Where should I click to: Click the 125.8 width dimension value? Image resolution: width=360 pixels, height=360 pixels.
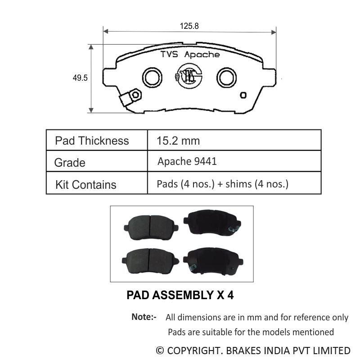(189, 26)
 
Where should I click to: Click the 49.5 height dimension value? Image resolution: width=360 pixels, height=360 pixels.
(80, 78)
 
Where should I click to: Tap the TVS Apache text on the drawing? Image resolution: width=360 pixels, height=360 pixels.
(190, 55)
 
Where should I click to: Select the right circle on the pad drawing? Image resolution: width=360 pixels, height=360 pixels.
(226, 77)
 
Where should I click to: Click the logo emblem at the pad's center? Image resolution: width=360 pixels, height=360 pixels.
(189, 76)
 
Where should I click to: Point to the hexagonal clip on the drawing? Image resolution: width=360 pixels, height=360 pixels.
(135, 95)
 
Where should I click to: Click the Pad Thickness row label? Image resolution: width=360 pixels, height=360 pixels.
(92, 141)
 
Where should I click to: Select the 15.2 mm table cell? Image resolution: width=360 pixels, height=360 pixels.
(178, 141)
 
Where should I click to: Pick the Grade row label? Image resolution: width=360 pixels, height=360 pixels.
(70, 163)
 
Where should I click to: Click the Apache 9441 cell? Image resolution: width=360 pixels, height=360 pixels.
(187, 161)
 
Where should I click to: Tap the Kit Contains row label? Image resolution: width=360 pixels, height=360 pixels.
(85, 185)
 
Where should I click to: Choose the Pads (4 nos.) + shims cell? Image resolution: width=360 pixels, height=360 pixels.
(222, 184)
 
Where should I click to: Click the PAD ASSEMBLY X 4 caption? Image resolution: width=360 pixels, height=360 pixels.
(180, 296)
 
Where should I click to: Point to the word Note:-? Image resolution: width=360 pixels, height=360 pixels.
(144, 317)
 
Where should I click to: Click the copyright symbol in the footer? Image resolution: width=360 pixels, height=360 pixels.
(160, 351)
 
